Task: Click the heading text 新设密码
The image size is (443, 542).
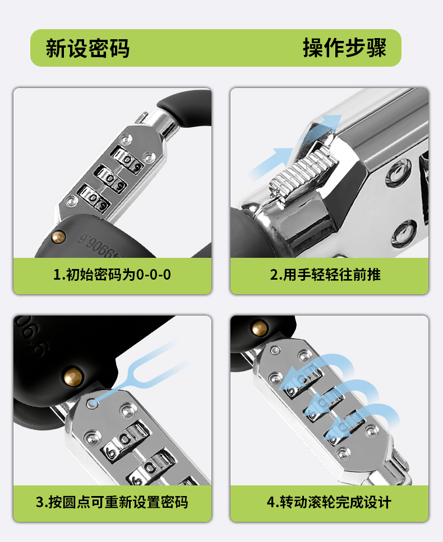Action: pos(88,48)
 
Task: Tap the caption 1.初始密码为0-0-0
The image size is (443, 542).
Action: pos(112,275)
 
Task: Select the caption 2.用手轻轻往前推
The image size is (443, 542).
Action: pos(325,275)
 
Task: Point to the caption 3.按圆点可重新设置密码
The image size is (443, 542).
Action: pos(112,502)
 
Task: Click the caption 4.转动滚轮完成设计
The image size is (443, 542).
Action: pos(329,502)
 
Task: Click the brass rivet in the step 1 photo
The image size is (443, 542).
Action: pos(58,237)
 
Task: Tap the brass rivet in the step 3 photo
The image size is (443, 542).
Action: pos(73,377)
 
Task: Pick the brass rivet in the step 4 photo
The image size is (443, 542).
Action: pos(260,328)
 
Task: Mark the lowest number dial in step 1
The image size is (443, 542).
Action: pos(94,198)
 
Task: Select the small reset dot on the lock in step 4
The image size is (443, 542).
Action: pos(275,350)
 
